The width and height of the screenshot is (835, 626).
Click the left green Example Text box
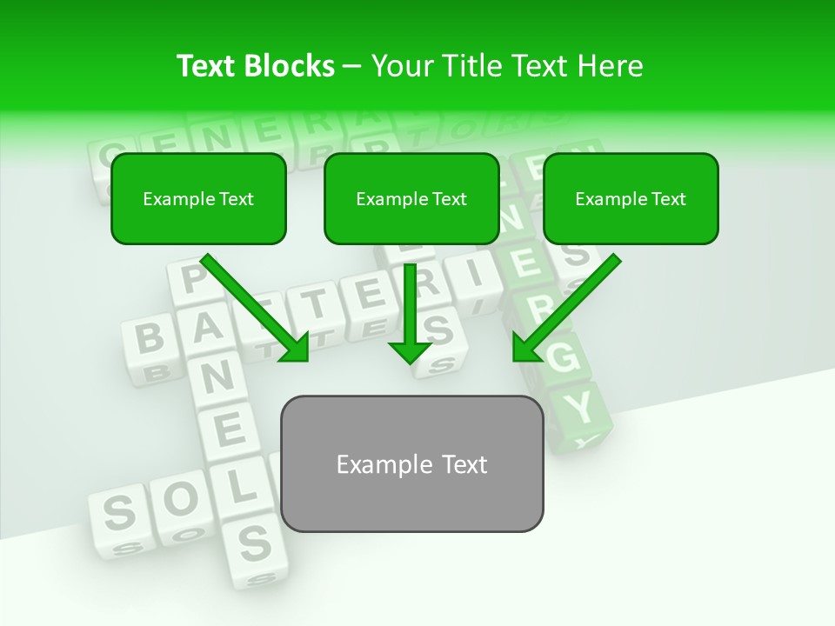(x=198, y=199)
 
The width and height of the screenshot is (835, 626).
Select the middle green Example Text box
(x=411, y=199)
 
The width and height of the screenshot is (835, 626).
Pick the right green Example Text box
(x=631, y=199)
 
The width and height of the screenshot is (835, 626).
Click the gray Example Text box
(x=411, y=463)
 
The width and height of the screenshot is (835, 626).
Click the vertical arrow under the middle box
(x=410, y=313)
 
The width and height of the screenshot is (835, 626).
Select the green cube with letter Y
(x=584, y=407)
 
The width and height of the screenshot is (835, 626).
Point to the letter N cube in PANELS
(x=218, y=376)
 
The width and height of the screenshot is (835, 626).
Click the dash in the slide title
(x=353, y=66)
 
